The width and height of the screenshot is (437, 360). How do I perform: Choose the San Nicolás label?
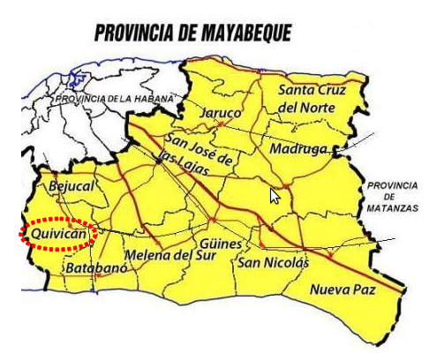pyautogui.click(x=273, y=262)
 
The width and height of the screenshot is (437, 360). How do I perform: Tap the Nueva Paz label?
pyautogui.click(x=343, y=289)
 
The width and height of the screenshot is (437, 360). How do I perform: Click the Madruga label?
pyautogui.click(x=298, y=148)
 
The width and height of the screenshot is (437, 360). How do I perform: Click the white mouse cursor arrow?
pyautogui.click(x=275, y=196)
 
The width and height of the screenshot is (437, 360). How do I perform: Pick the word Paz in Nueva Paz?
pyautogui.click(x=360, y=289)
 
